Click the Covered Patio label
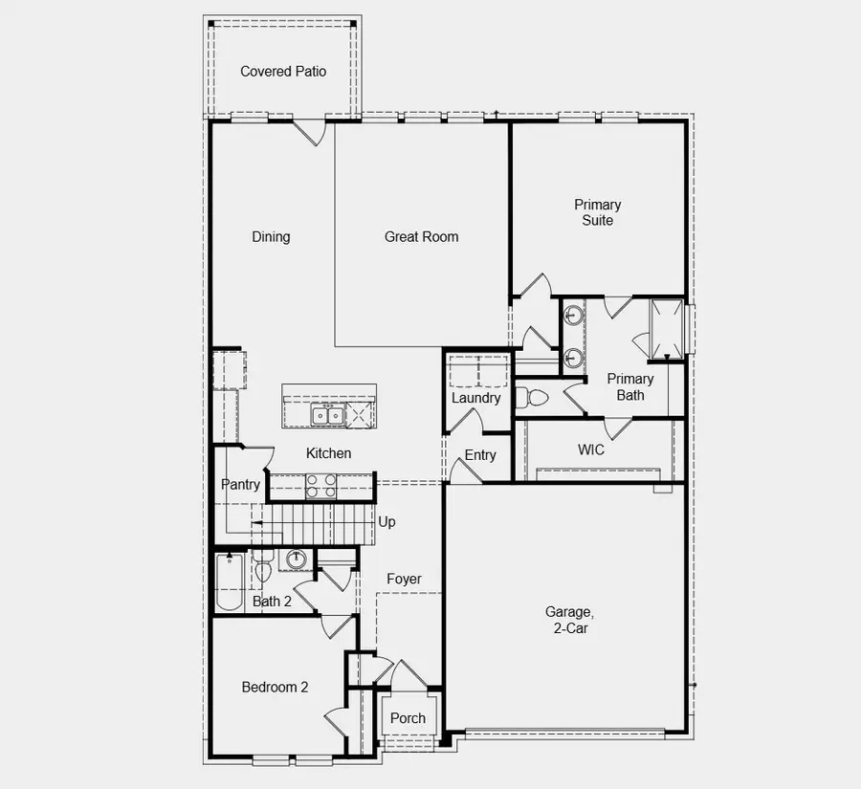click(282, 72)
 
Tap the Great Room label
click(421, 237)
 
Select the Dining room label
click(271, 237)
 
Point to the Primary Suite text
click(597, 212)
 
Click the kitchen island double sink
click(327, 414)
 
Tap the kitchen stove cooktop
click(320, 487)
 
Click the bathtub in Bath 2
click(230, 582)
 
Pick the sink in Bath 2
click(296, 560)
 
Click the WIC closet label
click(591, 449)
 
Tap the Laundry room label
click(475, 398)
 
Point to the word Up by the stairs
click(386, 522)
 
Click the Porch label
click(408, 718)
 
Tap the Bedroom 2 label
click(275, 687)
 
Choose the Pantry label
click(240, 485)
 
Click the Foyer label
click(404, 580)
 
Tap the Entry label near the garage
click(480, 455)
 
